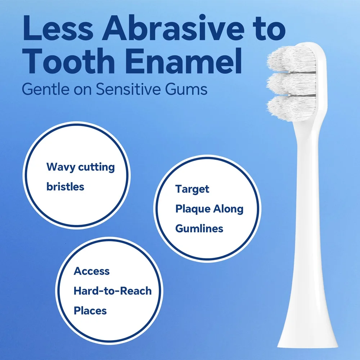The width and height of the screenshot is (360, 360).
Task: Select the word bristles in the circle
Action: coord(65,186)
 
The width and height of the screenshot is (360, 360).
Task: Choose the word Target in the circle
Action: coord(192,189)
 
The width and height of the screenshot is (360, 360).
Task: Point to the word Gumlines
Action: coord(199,228)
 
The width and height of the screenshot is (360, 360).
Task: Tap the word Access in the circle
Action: coord(92,271)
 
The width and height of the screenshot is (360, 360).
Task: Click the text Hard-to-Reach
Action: coord(112,291)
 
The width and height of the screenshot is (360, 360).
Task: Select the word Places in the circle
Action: coord(90,310)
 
